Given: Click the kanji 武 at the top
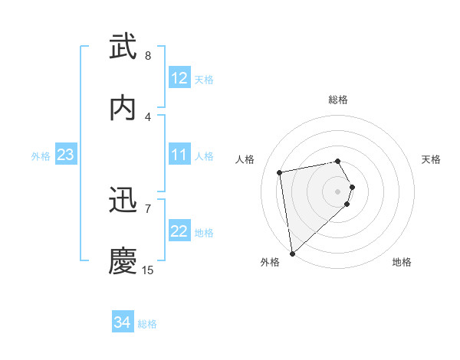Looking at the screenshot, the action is [x=123, y=47].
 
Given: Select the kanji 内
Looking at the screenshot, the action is [x=123, y=108].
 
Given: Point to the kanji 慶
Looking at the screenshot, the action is [x=123, y=261].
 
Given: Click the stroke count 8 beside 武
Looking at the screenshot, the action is [x=148, y=56].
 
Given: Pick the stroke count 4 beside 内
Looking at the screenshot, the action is [x=148, y=116].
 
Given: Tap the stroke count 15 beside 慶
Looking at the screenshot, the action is [x=148, y=270].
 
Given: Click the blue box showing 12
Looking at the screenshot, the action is [x=179, y=78].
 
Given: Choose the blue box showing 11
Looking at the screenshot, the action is [x=179, y=155].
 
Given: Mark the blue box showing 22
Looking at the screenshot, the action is [x=179, y=231].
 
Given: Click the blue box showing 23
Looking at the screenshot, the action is [x=66, y=155].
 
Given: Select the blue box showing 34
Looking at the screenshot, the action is [x=123, y=323].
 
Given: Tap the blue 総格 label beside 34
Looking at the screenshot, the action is [x=147, y=324].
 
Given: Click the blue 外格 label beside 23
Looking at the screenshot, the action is [x=41, y=155].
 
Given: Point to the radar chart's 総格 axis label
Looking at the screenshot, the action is [x=338, y=100].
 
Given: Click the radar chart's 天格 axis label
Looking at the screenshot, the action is [x=432, y=159].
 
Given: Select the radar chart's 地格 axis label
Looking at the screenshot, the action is [x=402, y=262].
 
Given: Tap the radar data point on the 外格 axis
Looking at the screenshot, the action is [x=292, y=253].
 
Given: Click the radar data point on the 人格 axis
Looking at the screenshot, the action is [x=280, y=172].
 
